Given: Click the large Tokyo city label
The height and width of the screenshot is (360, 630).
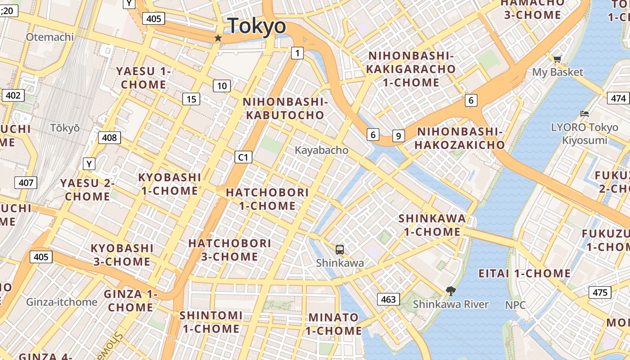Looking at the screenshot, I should click(x=256, y=26).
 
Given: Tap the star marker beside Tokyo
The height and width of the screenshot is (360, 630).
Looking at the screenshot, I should click(x=218, y=38).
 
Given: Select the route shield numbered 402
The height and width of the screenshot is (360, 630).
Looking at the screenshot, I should click(x=13, y=95).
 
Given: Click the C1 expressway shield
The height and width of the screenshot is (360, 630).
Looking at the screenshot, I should click(x=243, y=157).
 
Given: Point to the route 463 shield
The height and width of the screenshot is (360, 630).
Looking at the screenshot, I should click(x=388, y=299).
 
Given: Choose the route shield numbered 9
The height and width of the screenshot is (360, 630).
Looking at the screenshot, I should click(x=398, y=135).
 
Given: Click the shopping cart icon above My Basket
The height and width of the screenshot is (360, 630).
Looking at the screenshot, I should click(x=557, y=58).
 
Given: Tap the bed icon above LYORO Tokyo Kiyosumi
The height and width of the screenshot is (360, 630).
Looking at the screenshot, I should click(x=585, y=114).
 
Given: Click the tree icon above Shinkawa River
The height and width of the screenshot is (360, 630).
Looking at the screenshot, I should click(x=450, y=291).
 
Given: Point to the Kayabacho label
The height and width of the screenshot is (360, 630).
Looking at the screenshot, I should click(x=321, y=150).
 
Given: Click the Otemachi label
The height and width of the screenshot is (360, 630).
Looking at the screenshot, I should click(x=49, y=37).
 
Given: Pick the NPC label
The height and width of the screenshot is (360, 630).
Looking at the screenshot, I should click(x=515, y=305).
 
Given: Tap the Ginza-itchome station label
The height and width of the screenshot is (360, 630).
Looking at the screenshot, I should click(x=62, y=302).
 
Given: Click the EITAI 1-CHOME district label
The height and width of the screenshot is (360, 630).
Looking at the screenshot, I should click(x=524, y=274).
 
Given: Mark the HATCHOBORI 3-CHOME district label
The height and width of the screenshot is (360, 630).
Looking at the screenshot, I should click(x=229, y=250).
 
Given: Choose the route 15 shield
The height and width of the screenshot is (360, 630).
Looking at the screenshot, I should click(x=191, y=99).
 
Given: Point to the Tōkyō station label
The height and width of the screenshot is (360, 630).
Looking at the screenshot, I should click(x=65, y=128).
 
